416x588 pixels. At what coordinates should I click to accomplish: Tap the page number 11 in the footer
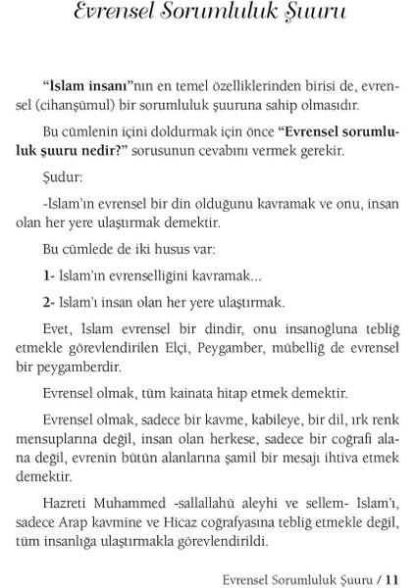pyautogui.click(x=394, y=577)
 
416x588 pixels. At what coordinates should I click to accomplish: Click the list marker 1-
pyautogui.click(x=50, y=277)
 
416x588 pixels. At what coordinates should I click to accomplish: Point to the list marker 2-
pyautogui.click(x=50, y=302)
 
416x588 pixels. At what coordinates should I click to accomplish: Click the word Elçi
pyautogui.click(x=215, y=349)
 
